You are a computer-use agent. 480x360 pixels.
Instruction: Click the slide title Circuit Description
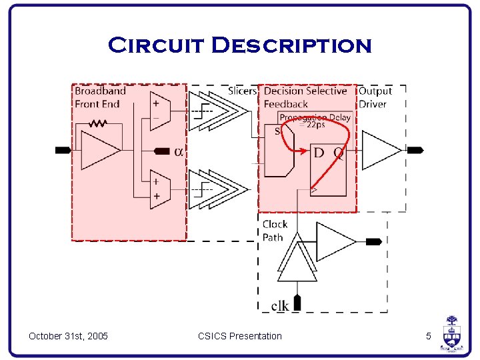[x=239, y=46]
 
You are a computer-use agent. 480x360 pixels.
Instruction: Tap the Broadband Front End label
[x=100, y=97]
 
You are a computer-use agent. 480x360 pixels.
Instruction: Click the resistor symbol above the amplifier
[x=99, y=123]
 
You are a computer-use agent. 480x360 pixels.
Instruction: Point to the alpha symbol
[x=179, y=152]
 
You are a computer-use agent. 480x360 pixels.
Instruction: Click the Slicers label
[x=242, y=91]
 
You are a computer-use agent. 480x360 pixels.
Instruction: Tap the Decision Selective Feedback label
[x=305, y=97]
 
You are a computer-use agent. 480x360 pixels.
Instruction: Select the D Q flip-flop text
[x=329, y=153]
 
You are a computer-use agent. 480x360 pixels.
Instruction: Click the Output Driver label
[x=375, y=97]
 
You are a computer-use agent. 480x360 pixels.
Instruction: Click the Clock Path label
[x=275, y=231]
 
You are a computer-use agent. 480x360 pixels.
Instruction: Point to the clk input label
[x=280, y=305]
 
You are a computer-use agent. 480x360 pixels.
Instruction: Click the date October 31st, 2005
[x=68, y=336]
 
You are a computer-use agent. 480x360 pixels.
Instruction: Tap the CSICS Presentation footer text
[x=240, y=336]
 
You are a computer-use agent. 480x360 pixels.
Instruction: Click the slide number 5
[x=429, y=336]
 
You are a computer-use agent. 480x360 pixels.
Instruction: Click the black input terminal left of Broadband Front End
[x=63, y=150]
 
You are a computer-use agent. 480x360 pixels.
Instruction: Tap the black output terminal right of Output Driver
[x=415, y=151]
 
